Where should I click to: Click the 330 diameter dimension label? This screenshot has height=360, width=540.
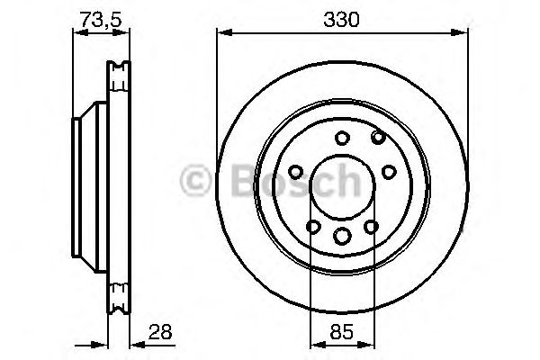click(x=343, y=17)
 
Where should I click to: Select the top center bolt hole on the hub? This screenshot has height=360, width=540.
click(x=343, y=139)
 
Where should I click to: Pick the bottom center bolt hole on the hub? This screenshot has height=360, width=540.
click(x=343, y=235)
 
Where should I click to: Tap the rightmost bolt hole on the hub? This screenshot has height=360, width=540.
click(x=390, y=171)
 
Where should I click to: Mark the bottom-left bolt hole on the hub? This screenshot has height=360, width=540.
click(x=313, y=228)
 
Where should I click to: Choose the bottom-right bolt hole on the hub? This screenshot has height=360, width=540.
click(x=373, y=228)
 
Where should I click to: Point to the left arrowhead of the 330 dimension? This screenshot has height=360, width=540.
click(x=221, y=33)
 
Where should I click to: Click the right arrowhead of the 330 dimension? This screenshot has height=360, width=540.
click(x=464, y=33)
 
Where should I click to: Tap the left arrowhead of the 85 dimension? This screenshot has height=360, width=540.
click(x=314, y=342)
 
